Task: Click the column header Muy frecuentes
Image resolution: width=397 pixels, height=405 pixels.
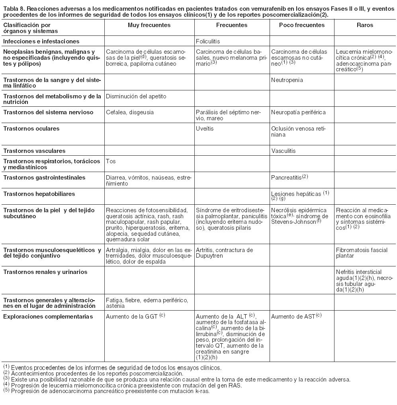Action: coord(149,25)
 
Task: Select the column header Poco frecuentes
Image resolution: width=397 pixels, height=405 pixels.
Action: coord(302,25)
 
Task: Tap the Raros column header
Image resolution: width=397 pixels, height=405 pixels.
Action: coord(365,25)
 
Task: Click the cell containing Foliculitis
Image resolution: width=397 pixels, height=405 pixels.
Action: coord(208,41)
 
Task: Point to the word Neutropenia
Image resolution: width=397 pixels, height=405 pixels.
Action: coord(287,80)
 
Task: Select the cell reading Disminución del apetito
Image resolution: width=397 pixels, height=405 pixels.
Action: coord(136,96)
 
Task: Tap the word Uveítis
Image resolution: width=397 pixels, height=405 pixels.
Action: coord(205,129)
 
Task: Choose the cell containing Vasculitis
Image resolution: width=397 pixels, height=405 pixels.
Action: coord(283,151)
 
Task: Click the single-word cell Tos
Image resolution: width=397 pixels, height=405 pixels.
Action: coord(110,162)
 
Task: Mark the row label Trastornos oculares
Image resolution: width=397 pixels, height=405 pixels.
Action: coord(31,129)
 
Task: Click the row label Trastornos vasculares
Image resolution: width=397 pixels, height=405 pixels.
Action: coord(34,151)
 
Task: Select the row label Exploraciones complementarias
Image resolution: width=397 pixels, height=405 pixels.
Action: coord(48,317)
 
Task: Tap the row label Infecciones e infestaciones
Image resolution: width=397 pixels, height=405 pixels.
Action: coord(41,41)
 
